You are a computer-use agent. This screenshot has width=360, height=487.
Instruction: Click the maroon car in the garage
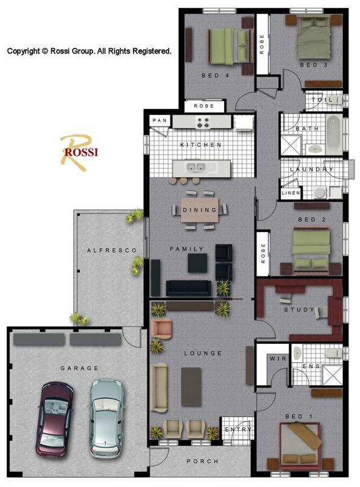click(55, 419)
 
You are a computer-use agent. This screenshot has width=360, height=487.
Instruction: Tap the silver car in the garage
click(106, 418)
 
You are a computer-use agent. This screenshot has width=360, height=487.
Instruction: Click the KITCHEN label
click(200, 145)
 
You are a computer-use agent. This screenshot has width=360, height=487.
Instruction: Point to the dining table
click(200, 210)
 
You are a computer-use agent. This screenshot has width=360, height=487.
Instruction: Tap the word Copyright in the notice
click(23, 52)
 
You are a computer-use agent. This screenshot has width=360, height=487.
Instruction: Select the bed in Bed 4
click(229, 47)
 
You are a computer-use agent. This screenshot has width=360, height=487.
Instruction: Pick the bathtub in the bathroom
click(334, 134)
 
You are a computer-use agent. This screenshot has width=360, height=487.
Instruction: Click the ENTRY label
click(236, 430)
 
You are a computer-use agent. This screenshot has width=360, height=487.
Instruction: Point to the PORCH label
click(202, 461)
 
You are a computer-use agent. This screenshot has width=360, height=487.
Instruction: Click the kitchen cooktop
click(203, 122)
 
